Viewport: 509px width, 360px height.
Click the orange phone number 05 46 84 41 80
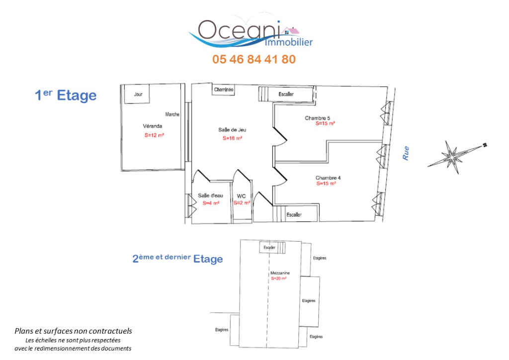254,59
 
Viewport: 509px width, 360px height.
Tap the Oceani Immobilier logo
251,31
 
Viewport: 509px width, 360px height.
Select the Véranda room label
153,126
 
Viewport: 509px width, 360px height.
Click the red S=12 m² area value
154,135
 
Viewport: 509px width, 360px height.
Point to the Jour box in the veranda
137,94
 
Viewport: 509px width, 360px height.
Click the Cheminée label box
224,90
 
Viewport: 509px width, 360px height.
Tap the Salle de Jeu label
232,130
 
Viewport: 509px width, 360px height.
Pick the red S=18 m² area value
233,138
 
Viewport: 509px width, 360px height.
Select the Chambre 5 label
318,118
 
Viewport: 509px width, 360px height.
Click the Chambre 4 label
328,178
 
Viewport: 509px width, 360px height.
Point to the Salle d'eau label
211,195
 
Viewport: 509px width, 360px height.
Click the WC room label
241,196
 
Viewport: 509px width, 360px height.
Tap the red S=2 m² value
242,203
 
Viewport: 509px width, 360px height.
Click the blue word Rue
406,153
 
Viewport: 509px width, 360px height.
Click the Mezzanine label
280,273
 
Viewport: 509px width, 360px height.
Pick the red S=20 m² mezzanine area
279,278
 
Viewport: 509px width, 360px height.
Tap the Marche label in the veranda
172,114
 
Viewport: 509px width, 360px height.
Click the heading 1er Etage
66,95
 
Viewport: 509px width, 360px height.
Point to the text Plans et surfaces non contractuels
74,331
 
